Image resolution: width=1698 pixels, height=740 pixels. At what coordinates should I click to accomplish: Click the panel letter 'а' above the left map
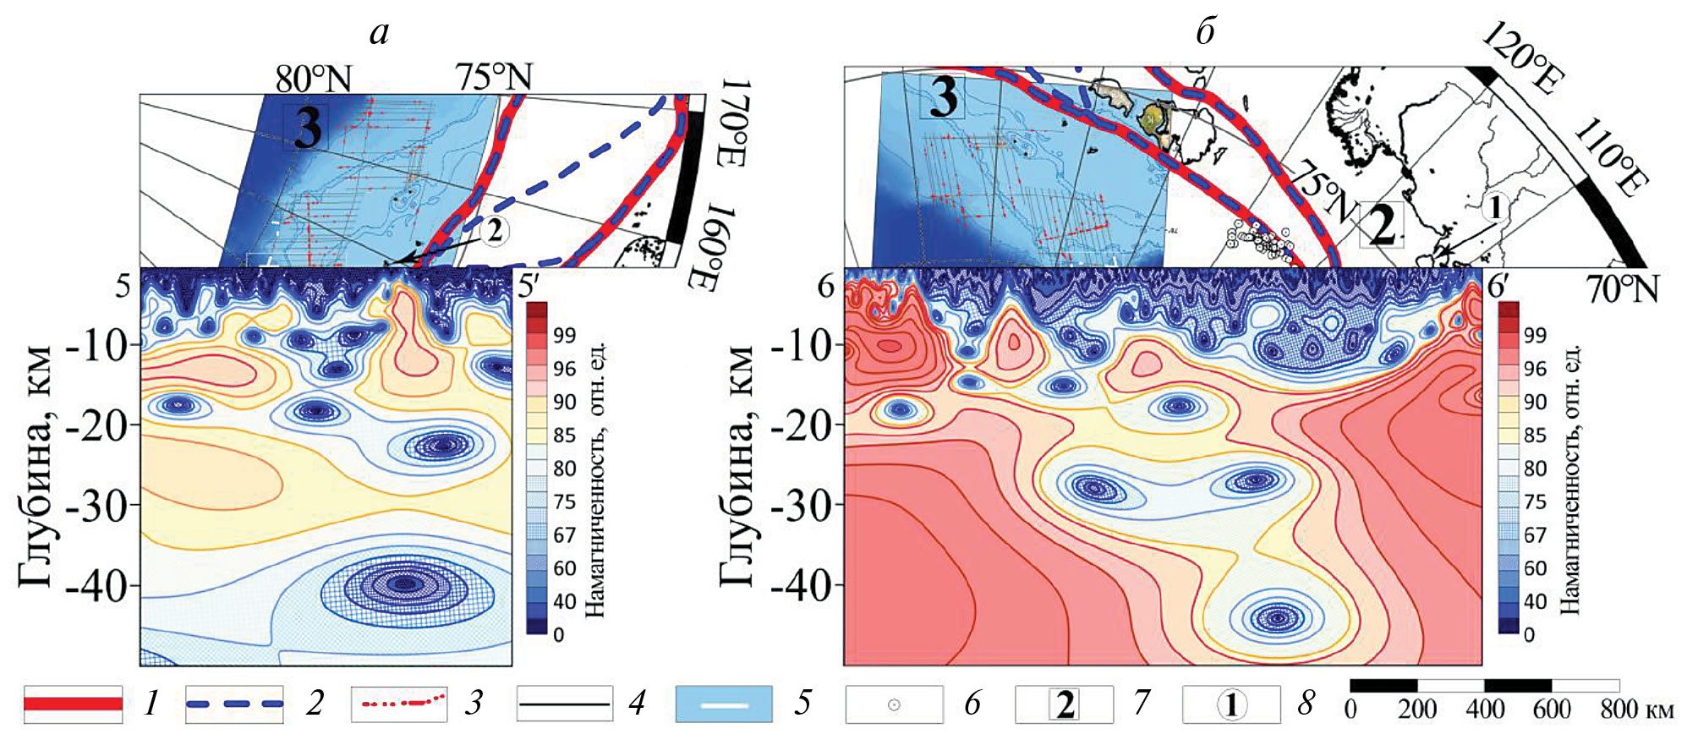[x=380, y=33]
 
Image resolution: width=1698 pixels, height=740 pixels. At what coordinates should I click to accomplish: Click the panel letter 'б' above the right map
[x=1206, y=33]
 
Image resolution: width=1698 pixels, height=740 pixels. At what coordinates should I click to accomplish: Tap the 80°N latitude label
[x=313, y=79]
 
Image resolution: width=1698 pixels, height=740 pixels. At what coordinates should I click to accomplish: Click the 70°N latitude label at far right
[x=1622, y=290]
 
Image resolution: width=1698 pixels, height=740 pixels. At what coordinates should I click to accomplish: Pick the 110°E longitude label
[x=1611, y=156]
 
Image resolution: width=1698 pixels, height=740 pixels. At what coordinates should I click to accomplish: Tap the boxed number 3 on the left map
[x=306, y=127]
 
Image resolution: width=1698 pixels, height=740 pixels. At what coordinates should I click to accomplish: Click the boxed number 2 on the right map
[x=1381, y=224]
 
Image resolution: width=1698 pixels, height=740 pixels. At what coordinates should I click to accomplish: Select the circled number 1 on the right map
[x=1495, y=206]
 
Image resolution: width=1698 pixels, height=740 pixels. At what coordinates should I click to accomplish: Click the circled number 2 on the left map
[x=495, y=229]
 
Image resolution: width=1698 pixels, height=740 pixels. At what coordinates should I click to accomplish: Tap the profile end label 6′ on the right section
[x=1498, y=287]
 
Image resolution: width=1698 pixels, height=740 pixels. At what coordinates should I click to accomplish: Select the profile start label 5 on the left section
[x=123, y=286]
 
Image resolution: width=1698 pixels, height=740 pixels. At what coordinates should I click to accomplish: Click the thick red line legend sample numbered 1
[x=73, y=704]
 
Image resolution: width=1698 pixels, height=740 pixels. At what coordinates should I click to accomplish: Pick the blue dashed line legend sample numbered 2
[x=234, y=704]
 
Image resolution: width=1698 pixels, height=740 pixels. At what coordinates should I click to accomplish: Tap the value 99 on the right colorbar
[x=1535, y=335]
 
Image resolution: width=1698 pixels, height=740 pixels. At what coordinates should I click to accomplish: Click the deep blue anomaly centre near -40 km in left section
[x=406, y=583]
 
